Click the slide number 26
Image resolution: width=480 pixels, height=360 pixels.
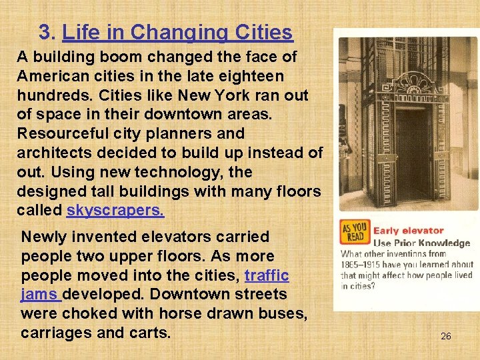pos(445,336)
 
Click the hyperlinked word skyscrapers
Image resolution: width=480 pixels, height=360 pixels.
pos(115,211)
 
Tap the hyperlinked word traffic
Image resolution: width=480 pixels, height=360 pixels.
pos(267,275)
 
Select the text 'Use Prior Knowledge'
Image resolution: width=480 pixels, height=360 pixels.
pos(421,243)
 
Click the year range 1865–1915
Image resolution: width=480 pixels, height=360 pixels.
pos(364,265)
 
